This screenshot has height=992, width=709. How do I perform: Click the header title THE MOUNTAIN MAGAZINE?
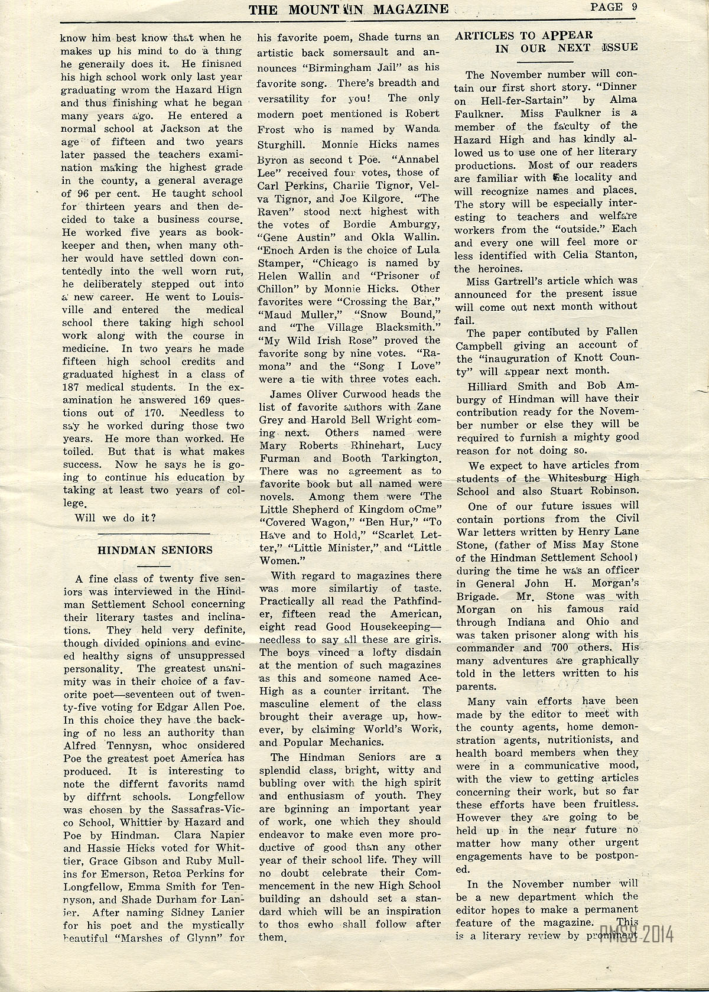pyautogui.click(x=348, y=8)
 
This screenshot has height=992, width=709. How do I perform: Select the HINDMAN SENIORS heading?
pyautogui.click(x=155, y=550)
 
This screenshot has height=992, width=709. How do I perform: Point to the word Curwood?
pyautogui.click(x=356, y=393)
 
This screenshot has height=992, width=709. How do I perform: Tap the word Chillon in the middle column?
pyautogui.click(x=279, y=289)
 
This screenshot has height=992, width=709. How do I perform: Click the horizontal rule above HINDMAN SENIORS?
pyautogui.click(x=155, y=533)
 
